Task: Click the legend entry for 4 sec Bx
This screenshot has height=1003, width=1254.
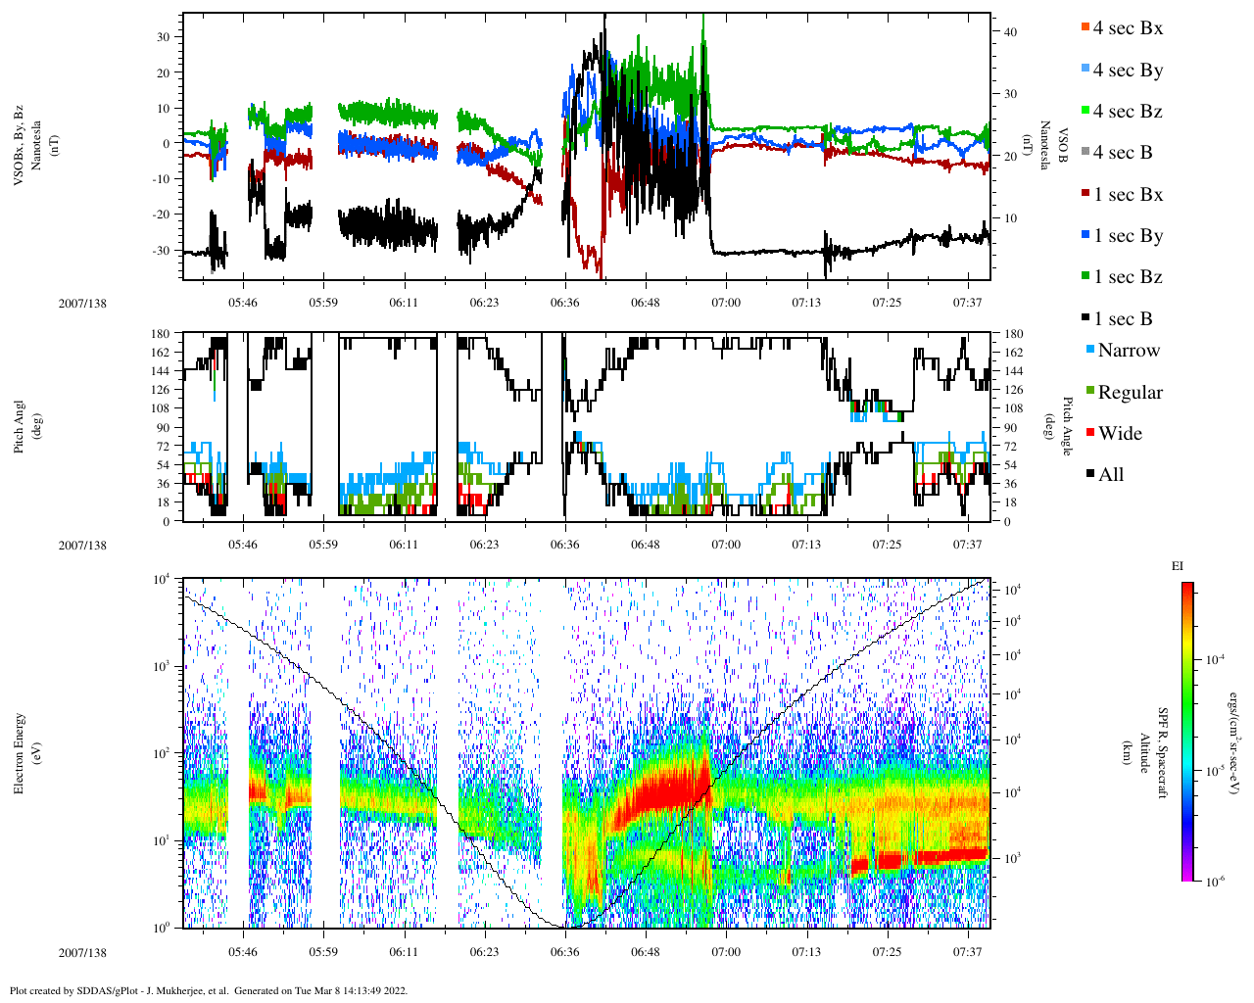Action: tap(1127, 28)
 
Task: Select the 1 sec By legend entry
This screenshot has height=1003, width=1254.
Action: tap(1127, 236)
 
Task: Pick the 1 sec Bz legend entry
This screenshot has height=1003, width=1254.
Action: tap(1127, 277)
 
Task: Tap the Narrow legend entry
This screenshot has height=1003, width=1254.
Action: tap(1128, 351)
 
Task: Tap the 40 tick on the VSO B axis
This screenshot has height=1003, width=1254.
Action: tap(1010, 32)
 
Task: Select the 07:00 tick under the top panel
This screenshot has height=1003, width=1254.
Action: tap(726, 303)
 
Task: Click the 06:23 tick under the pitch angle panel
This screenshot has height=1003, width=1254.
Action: tap(484, 545)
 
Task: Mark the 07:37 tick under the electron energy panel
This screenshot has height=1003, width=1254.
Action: tap(968, 952)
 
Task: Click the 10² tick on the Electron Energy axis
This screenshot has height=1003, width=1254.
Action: tap(163, 753)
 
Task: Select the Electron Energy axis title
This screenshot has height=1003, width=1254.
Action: tap(20, 752)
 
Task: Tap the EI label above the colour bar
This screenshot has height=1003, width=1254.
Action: tap(1178, 566)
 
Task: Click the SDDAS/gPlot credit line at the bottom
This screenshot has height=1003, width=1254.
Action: tap(208, 990)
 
